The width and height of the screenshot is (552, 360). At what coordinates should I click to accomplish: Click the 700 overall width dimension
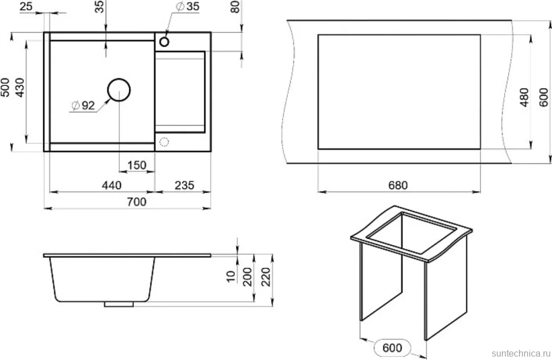[x=137, y=202]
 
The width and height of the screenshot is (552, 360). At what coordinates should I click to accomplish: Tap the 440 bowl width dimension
[x=112, y=185]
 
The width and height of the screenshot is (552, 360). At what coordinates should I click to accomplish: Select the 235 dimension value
[x=184, y=185]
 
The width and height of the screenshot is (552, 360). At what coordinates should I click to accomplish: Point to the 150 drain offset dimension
[x=137, y=165]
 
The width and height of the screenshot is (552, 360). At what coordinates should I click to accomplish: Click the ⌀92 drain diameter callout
[x=84, y=105]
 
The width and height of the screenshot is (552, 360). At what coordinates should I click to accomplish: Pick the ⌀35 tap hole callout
[x=188, y=6]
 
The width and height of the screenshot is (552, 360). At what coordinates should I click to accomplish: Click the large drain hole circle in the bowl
[x=118, y=90]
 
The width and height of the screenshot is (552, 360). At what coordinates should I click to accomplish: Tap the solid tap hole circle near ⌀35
[x=164, y=42]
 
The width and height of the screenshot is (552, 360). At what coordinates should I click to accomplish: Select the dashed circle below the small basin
[x=164, y=142]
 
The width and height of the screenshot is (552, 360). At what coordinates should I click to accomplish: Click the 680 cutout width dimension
[x=398, y=185]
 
